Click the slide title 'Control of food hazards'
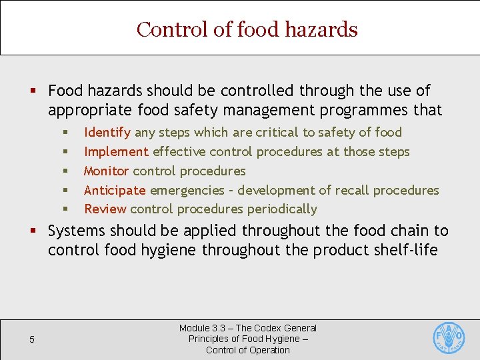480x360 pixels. [x=247, y=29]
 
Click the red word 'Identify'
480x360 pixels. [x=107, y=133]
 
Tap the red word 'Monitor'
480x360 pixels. [x=106, y=171]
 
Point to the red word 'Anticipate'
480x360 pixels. [x=115, y=190]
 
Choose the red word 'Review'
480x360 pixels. [x=105, y=209]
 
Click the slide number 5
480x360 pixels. [x=31, y=340]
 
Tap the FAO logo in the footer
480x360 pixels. [x=449, y=339]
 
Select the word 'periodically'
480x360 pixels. [x=282, y=209]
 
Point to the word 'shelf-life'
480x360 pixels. [x=407, y=250]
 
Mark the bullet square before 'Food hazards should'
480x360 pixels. [x=32, y=91]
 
